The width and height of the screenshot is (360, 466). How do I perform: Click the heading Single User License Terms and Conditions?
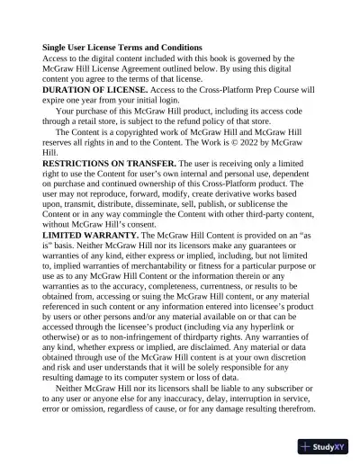(x=122, y=47)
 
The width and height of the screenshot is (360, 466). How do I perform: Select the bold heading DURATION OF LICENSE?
(x=96, y=90)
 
